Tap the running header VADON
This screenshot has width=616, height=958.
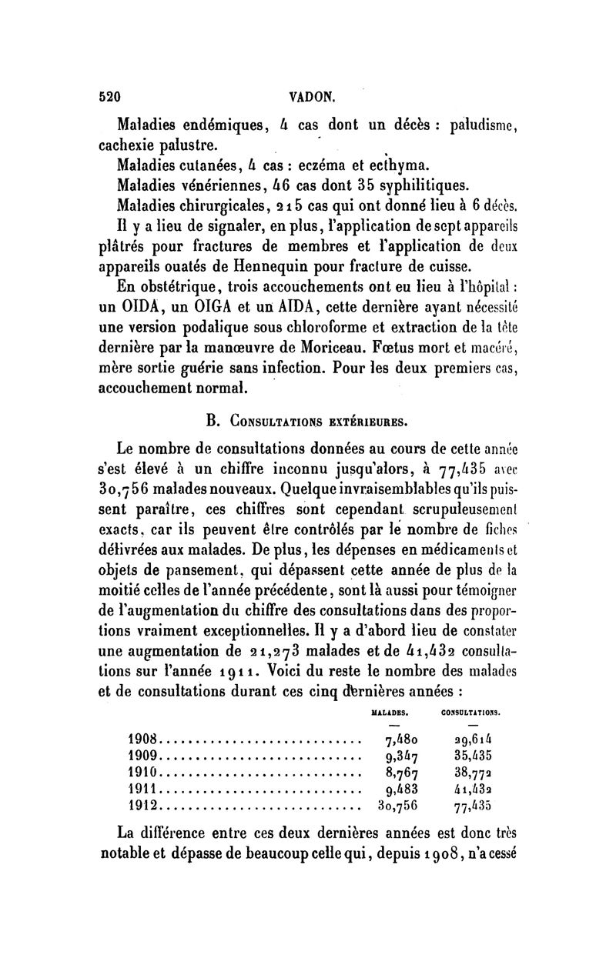click(x=310, y=98)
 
